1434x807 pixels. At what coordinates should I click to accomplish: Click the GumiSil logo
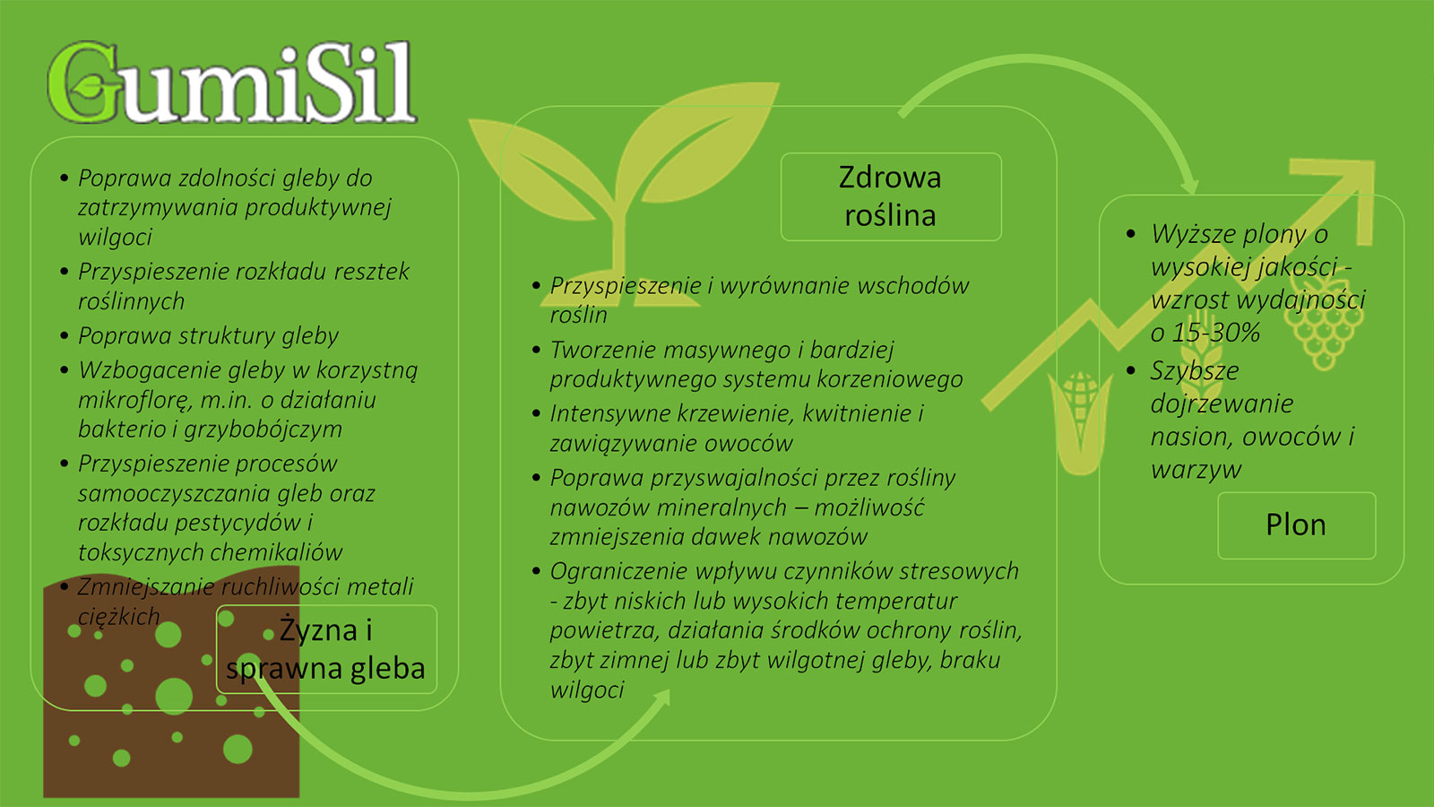click(232, 82)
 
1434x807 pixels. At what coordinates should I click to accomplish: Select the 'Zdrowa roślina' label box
click(891, 196)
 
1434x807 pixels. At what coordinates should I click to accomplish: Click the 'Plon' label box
click(1296, 525)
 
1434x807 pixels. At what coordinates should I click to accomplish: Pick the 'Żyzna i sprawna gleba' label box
click(326, 649)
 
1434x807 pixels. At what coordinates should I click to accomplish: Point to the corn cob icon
click(1080, 422)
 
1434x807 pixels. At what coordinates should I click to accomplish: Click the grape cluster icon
click(1324, 324)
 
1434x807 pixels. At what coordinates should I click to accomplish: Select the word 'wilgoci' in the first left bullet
click(116, 237)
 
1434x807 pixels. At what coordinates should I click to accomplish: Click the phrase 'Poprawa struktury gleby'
click(208, 335)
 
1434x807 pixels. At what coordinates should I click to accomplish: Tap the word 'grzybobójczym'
click(263, 430)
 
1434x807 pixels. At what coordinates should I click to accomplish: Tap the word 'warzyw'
click(1196, 470)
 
